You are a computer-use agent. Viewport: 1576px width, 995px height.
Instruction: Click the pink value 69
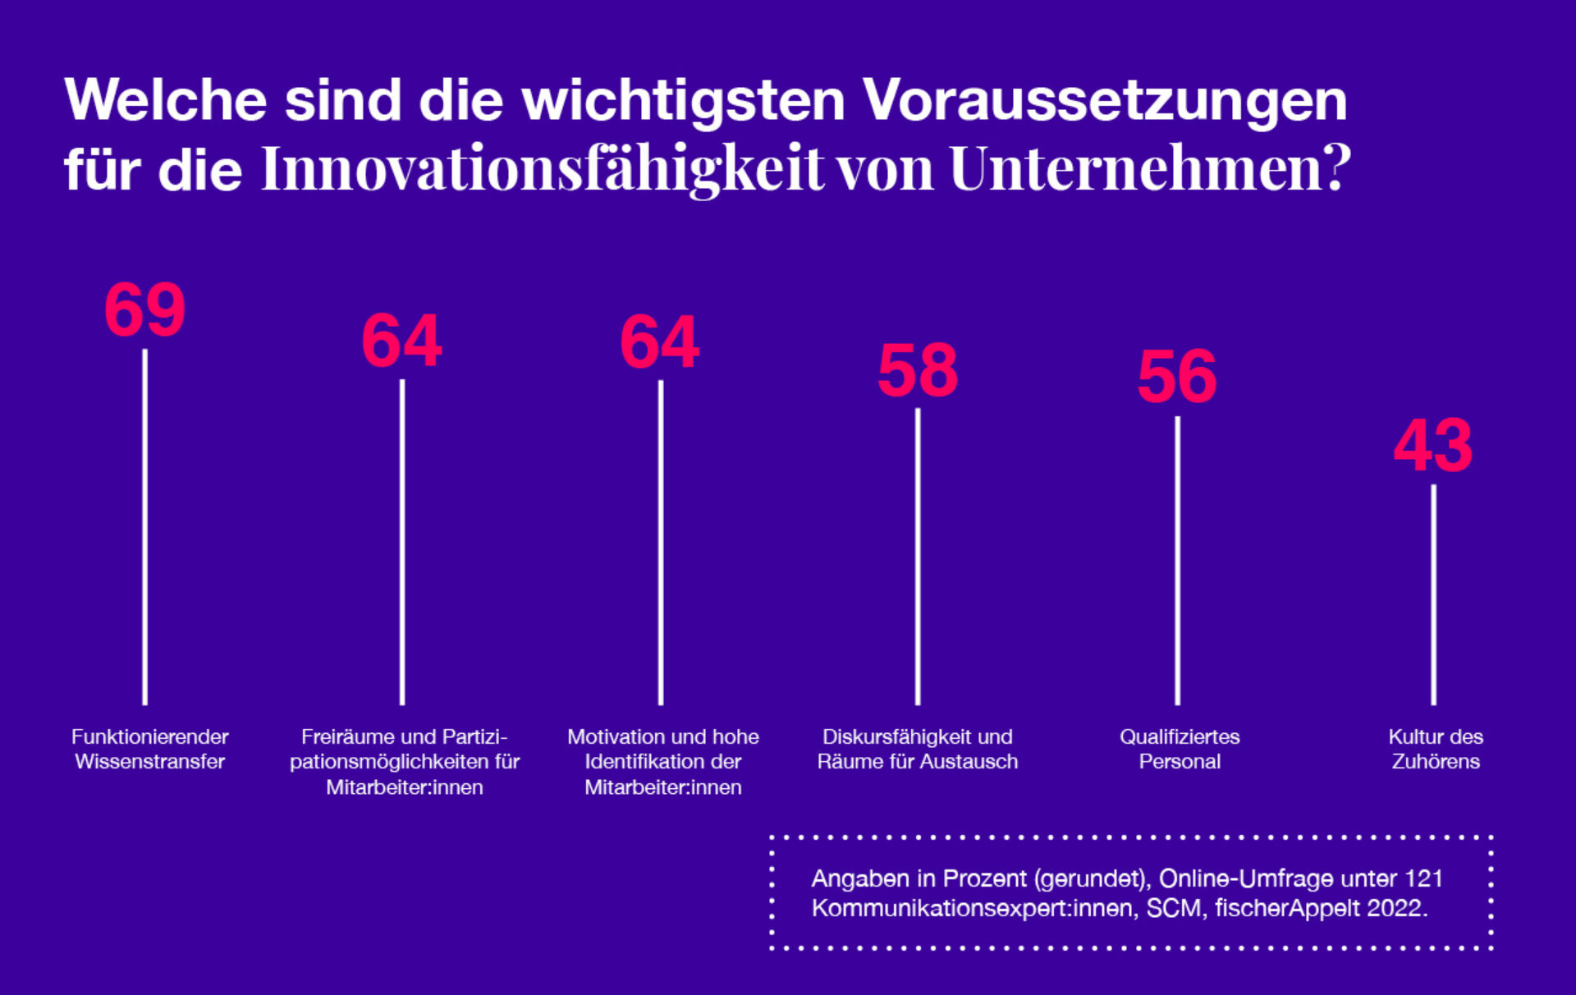pyautogui.click(x=144, y=310)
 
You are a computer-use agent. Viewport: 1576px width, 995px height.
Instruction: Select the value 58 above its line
pyautogui.click(x=918, y=371)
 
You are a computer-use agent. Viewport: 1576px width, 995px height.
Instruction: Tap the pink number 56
pyautogui.click(x=1177, y=378)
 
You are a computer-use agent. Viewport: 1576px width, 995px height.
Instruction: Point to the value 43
pyautogui.click(x=1433, y=447)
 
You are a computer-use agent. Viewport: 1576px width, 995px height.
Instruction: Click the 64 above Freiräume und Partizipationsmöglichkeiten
pyautogui.click(x=402, y=341)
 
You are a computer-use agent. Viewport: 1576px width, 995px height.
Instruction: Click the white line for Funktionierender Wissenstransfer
pyautogui.click(x=145, y=527)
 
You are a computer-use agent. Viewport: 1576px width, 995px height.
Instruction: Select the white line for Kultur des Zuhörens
pyautogui.click(x=1434, y=595)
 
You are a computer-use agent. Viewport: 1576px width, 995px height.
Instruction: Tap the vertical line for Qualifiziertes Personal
pyautogui.click(x=1178, y=561)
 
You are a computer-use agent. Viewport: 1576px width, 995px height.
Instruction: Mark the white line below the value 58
pyautogui.click(x=918, y=557)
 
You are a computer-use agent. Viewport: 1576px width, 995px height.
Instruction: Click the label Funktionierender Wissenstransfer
pyautogui.click(x=150, y=749)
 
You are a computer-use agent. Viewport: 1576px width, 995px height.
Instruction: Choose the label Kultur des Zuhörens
pyautogui.click(x=1436, y=749)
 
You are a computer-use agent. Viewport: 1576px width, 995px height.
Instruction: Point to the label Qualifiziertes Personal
pyautogui.click(x=1180, y=749)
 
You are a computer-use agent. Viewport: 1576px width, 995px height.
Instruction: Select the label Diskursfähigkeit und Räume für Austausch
pyautogui.click(x=918, y=749)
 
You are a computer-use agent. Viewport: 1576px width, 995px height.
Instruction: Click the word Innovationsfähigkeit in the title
pyautogui.click(x=542, y=169)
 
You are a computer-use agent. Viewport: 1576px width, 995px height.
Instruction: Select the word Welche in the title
pyautogui.click(x=166, y=100)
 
